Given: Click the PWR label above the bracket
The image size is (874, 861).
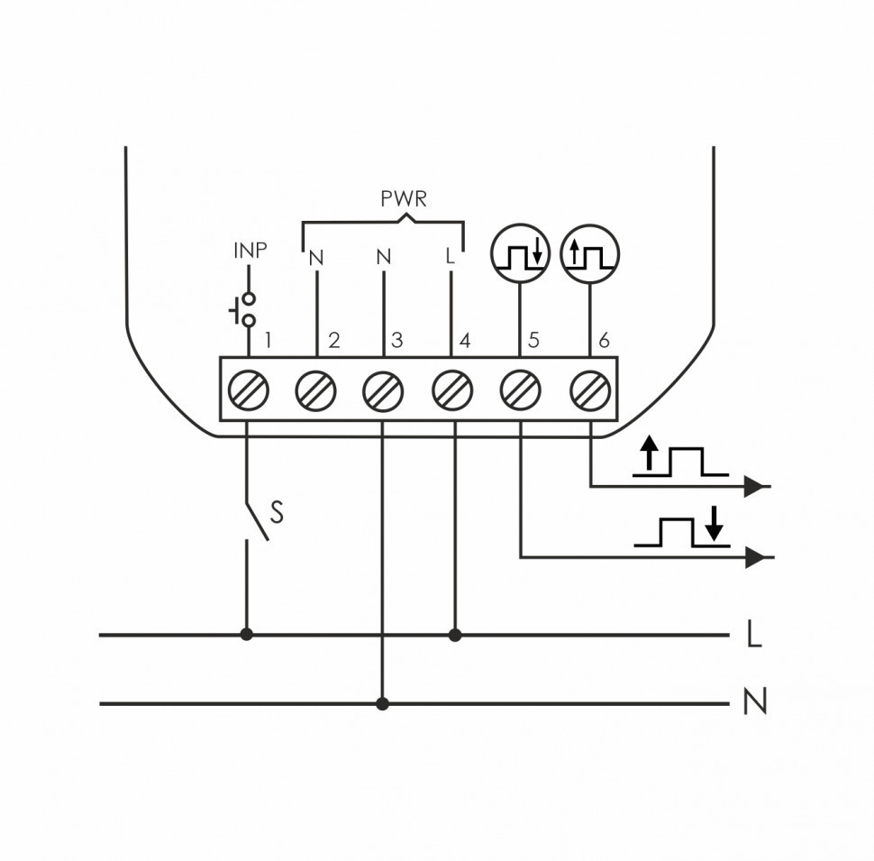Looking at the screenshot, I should point(402,198).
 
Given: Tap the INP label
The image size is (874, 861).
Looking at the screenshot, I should point(250,251).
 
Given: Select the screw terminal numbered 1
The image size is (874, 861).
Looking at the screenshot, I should point(248,390).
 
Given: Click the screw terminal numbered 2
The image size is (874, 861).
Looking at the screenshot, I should point(316,390).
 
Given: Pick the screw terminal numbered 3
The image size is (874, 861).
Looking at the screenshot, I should point(384,390).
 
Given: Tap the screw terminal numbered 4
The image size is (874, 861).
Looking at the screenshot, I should point(452,390).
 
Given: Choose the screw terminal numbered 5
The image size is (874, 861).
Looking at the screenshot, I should point(521,390).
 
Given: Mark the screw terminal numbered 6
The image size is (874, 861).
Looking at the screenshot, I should point(590,390).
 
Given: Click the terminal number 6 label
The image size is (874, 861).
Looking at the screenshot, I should point(604,341).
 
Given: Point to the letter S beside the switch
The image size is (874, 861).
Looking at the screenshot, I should point(277,513).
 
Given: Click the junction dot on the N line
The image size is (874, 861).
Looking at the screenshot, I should point(383,703).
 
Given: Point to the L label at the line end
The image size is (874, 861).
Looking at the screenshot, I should point(754,636).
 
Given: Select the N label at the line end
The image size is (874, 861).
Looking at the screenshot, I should point(755,702).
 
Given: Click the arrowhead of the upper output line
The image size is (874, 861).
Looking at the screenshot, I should point(758,487).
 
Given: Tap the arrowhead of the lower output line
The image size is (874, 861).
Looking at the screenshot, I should point(758,557).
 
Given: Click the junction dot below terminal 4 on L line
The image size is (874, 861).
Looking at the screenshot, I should point(455,635).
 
